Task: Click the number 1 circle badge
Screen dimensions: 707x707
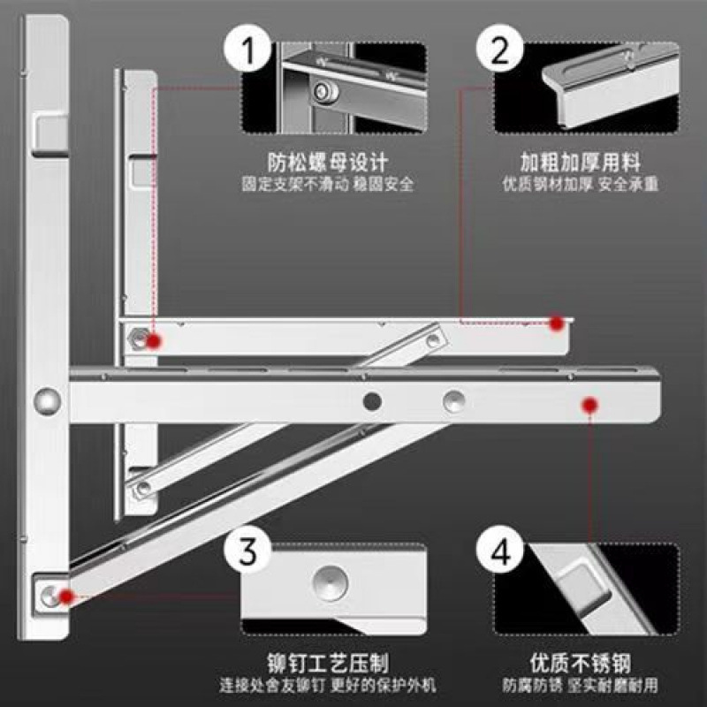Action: pos(249,50)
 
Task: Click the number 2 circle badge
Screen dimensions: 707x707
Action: pos(501,50)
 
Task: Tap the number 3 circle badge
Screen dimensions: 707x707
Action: pos(249,552)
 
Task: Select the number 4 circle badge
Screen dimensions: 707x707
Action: pos(501,553)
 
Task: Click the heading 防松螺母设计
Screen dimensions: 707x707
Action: pos(328,163)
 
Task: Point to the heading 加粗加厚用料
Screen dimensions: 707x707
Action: pos(580,163)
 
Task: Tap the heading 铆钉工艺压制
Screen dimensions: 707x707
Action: pos(328,663)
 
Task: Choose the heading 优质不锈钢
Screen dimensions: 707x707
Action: pos(580,663)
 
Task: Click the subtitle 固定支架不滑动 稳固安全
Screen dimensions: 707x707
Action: pos(328,186)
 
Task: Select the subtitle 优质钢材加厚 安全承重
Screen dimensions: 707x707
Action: pos(580,186)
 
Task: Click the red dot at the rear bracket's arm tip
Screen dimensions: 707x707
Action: pos(556,323)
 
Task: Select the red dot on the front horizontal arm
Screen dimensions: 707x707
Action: pos(588,404)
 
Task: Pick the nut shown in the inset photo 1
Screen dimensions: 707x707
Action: pos(324,89)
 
